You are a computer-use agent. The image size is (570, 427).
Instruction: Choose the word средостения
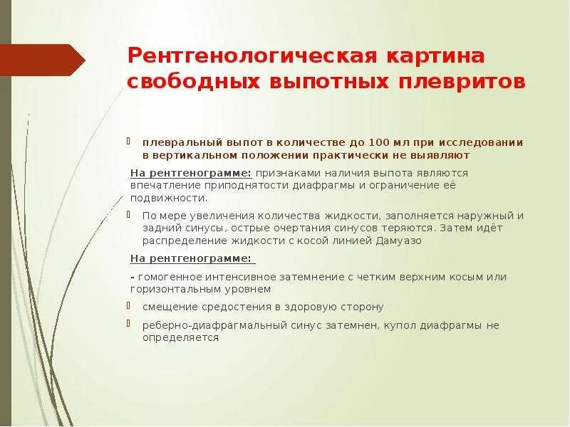pos(222,307)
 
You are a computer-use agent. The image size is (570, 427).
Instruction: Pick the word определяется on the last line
pos(174,338)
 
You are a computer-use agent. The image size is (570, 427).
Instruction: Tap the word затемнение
pos(288,276)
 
